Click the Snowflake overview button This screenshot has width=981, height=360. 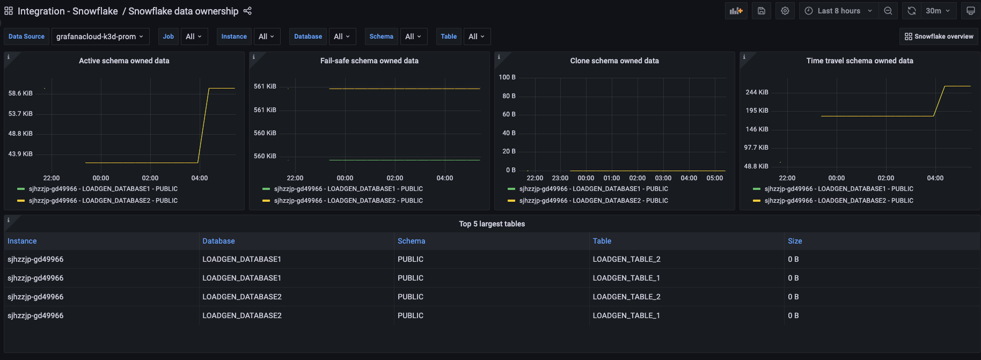tap(939, 36)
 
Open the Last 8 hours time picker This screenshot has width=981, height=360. tap(838, 11)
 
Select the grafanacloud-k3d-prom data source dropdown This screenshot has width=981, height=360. tap(99, 36)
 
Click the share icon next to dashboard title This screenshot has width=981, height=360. tap(247, 11)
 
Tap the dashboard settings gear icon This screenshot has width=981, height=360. tap(785, 11)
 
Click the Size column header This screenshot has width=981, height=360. tap(795, 241)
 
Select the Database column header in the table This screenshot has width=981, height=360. tap(218, 241)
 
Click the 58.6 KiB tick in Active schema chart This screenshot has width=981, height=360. tap(20, 93)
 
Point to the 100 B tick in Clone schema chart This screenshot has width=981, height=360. tap(507, 77)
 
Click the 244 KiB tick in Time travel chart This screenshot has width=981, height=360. tap(757, 92)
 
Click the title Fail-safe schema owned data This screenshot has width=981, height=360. tap(369, 61)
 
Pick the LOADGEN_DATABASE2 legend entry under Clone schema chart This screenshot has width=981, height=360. tap(594, 201)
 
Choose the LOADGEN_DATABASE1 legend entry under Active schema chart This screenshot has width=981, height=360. tap(103, 189)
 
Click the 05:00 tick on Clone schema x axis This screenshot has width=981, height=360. tap(714, 178)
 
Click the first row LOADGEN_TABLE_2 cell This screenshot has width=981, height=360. tap(626, 259)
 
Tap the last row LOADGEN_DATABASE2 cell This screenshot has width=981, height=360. tap(242, 315)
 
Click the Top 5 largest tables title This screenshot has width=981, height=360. tap(492, 224)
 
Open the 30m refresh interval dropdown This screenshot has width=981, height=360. tap(937, 11)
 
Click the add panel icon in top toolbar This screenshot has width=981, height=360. tap(736, 11)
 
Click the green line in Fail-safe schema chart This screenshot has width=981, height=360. tap(402, 160)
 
